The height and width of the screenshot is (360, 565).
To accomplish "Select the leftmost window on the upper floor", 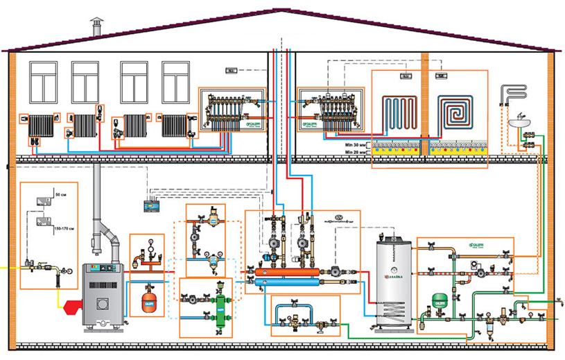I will pos(43,83).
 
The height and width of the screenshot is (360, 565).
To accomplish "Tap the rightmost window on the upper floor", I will pos(175,83).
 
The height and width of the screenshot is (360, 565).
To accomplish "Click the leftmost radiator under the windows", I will pos(42,126).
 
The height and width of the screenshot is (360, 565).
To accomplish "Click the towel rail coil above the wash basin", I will pos(514,92).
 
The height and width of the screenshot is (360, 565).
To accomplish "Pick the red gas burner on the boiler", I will pos(70,305).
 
